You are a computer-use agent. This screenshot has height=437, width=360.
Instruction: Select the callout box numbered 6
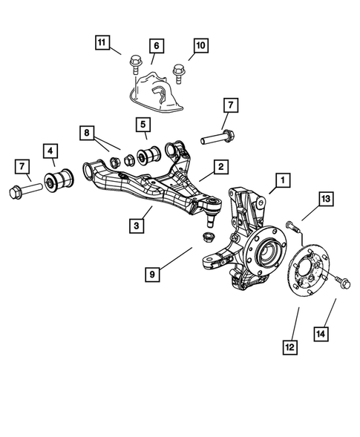pyautogui.click(x=155, y=46)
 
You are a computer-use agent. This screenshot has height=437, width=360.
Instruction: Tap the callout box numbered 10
pyautogui.click(x=200, y=46)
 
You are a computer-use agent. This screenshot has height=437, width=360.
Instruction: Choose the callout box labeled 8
pyautogui.click(x=88, y=133)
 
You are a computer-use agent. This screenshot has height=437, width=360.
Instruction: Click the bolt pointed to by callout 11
pyautogui.click(x=135, y=64)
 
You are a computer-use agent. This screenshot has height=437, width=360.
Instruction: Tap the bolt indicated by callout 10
pyautogui.click(x=178, y=72)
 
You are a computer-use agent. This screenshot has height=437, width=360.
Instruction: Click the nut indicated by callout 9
pyautogui.click(x=209, y=237)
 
